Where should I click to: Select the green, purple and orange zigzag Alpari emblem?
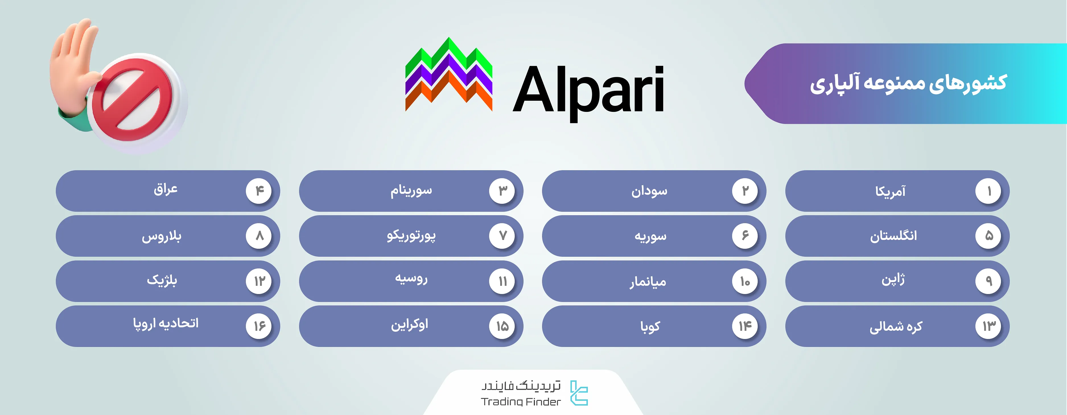[x=449, y=75]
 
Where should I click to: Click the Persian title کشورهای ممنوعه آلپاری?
[x=908, y=83]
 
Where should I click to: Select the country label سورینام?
[x=411, y=190]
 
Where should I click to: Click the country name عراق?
[x=166, y=189]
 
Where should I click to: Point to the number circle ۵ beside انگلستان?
[x=988, y=236]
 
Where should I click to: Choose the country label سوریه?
[x=650, y=236]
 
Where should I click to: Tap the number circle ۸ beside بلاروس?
[x=259, y=236]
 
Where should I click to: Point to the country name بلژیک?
[x=162, y=280]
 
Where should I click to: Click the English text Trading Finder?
[x=521, y=401]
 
